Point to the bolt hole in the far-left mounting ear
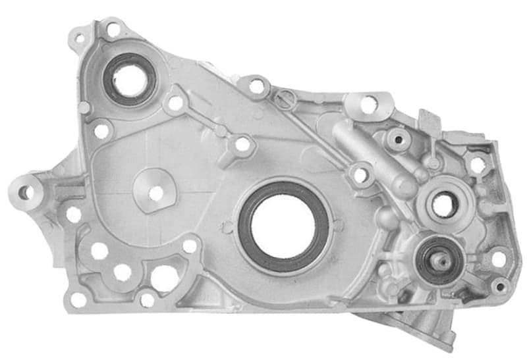[24, 192]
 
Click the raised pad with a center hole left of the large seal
[155, 193]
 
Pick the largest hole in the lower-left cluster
[164, 278]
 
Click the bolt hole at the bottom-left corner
[78, 299]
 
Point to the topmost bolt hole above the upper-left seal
[113, 30]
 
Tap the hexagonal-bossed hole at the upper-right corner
[477, 165]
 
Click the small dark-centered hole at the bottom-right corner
[500, 286]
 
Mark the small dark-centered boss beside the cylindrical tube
[399, 140]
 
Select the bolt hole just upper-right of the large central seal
[360, 175]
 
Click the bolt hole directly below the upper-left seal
[101, 131]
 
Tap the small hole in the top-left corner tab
[80, 38]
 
